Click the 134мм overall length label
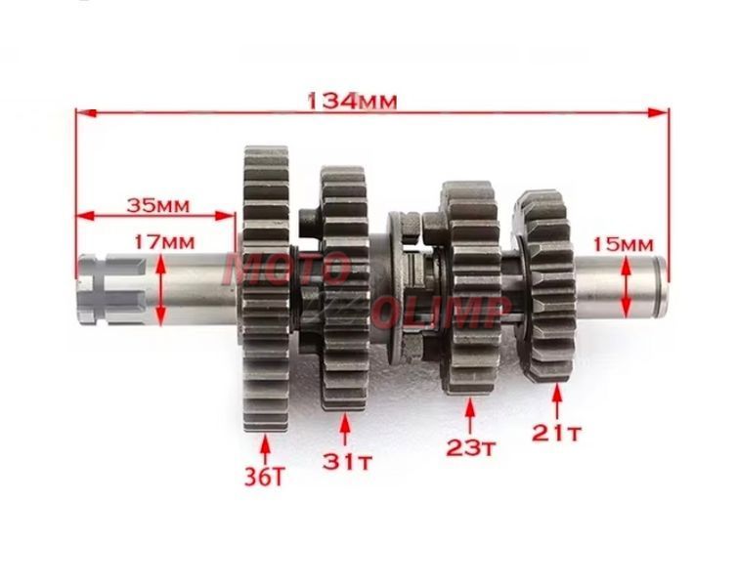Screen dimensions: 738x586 pyautogui.click(x=352, y=102)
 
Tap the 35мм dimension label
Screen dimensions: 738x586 pyautogui.click(x=157, y=205)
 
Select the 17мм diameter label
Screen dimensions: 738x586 pyautogui.click(x=164, y=242)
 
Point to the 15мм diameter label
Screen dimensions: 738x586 pyautogui.click(x=623, y=244)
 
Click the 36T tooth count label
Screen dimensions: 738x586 pyautogui.click(x=265, y=477)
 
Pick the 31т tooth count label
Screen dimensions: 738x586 pyautogui.click(x=347, y=461)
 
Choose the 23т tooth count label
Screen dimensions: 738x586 pyautogui.click(x=470, y=447)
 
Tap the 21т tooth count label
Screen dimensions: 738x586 pyautogui.click(x=557, y=433)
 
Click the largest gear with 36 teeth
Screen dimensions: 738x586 pyautogui.click(x=266, y=289)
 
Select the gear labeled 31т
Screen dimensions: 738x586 pyautogui.click(x=344, y=289)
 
